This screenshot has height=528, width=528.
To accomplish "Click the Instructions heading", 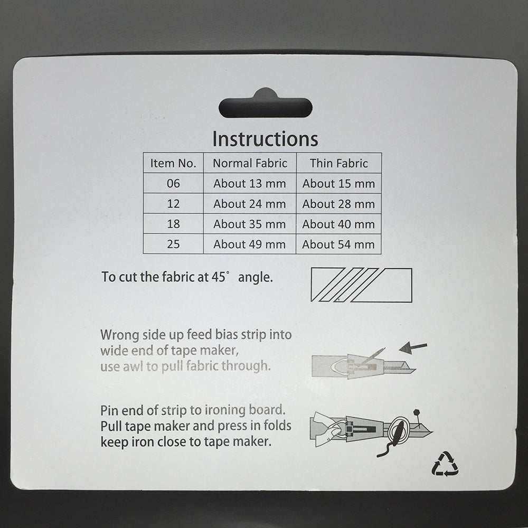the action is click(265, 139).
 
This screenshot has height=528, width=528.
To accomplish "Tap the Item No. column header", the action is click(173, 163).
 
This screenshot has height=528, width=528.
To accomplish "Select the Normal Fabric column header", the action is click(250, 163).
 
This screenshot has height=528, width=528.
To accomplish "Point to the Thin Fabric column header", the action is click(339, 163).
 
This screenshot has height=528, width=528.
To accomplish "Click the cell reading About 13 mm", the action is click(250, 184).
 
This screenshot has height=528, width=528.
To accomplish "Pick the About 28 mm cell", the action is click(338, 204).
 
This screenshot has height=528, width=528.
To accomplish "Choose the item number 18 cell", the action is click(173, 224).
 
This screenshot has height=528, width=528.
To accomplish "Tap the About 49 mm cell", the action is click(250, 244).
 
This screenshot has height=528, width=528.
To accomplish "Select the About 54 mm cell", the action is click(338, 244).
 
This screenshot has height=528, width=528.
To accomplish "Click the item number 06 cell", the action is click(173, 184).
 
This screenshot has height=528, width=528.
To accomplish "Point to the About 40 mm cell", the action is click(338, 224).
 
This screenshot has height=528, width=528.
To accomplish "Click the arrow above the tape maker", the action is click(413, 347).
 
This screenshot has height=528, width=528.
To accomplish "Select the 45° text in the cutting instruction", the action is click(220, 277).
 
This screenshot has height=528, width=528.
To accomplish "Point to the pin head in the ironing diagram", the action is click(417, 412).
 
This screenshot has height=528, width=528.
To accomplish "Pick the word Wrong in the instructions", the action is click(120, 335).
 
